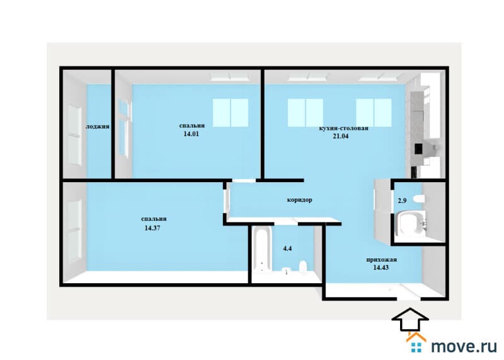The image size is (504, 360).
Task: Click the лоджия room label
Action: (98, 127)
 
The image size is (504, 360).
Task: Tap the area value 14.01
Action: (192, 134)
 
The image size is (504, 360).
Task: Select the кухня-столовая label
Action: (343, 129)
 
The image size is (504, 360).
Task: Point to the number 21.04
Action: (341, 136)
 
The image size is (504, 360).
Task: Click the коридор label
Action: (300, 200)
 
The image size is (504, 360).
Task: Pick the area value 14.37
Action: (152, 228)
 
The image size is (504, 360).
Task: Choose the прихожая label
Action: (382, 260)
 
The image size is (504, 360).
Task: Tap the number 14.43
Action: (381, 267)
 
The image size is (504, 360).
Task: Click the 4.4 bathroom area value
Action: (287, 248)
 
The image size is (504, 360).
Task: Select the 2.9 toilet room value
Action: (402, 200)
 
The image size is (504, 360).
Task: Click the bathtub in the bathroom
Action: (262, 250)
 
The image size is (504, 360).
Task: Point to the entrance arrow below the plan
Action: (410, 319)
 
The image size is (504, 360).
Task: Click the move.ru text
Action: (464, 346)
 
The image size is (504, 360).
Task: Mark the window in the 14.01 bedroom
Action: (231, 113)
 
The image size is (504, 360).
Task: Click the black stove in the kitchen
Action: (418, 149)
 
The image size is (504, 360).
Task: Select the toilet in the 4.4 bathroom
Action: (303, 267)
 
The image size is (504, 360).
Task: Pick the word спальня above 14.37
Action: (154, 219)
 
